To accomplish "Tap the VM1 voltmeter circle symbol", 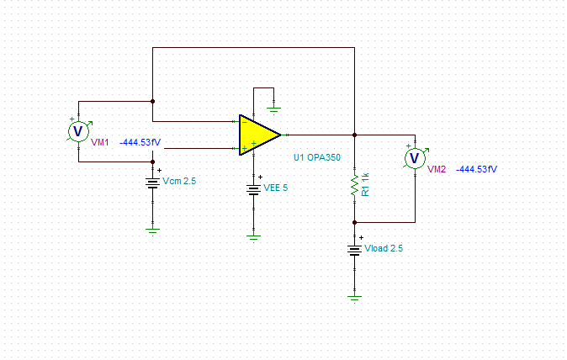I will tap(78, 131).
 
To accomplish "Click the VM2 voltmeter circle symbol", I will tap(414, 157).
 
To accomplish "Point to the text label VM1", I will tap(100, 143).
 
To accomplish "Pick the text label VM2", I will tap(437, 170).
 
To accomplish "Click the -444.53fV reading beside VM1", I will tap(140, 143).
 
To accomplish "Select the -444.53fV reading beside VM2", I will tap(477, 170).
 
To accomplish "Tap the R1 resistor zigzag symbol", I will tap(355, 184).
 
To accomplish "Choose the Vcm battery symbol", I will tap(152, 183).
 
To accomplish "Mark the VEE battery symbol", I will tap(254, 188).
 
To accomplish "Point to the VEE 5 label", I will tap(275, 188).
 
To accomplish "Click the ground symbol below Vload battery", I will tap(355, 295).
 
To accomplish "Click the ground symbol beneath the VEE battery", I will tap(254, 236).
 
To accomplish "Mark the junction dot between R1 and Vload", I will tap(355, 222).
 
